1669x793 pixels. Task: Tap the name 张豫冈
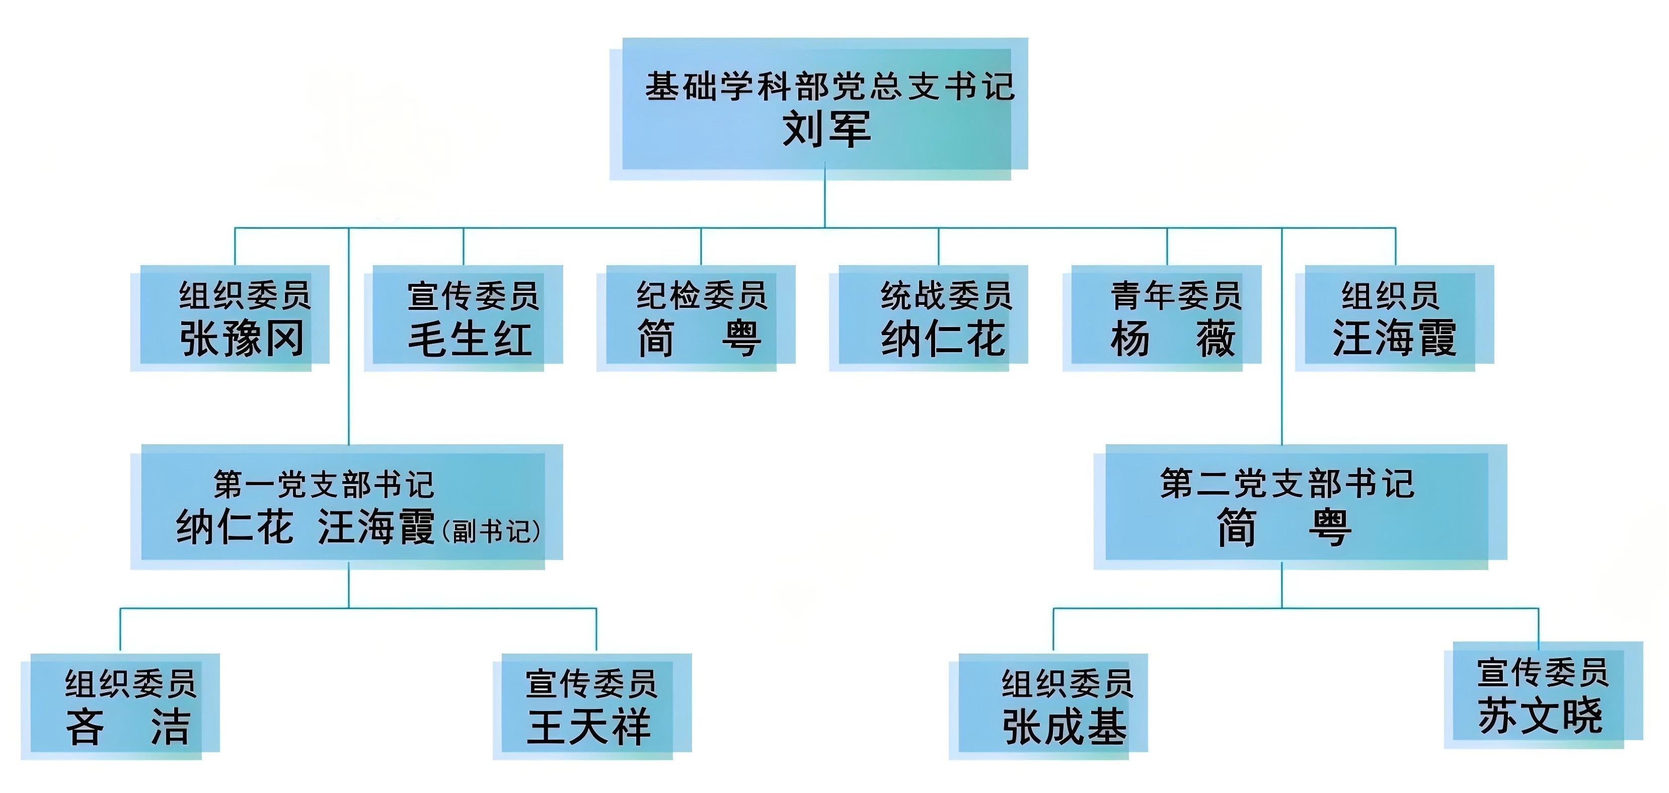coord(242,338)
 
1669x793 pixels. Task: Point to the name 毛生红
coord(471,338)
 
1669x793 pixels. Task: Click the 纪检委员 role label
coord(702,296)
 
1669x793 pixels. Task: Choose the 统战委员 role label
coord(946,296)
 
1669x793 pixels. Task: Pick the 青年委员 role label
coord(1176,296)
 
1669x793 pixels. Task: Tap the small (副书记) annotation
coord(491,531)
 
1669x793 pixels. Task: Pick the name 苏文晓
coord(1541,715)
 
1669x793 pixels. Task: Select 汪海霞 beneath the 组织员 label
coord(1394,338)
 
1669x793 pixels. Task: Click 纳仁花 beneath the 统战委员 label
coord(943,338)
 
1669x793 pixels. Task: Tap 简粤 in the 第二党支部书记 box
coord(1284,527)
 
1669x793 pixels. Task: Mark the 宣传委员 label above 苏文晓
coord(1543,672)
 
